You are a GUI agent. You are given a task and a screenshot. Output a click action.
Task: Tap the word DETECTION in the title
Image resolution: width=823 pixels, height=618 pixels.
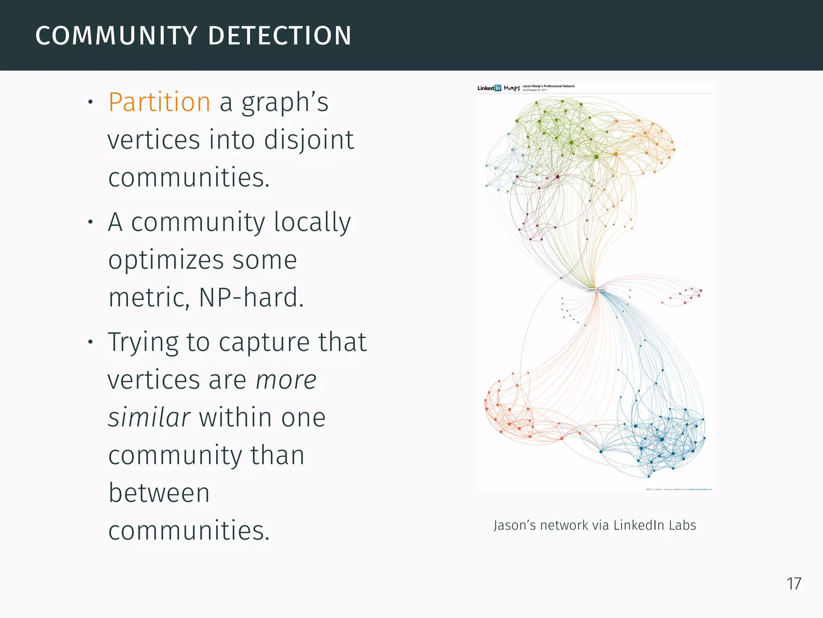coord(280,35)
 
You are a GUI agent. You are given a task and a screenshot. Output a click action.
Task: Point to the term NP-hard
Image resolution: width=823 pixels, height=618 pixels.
coord(251,297)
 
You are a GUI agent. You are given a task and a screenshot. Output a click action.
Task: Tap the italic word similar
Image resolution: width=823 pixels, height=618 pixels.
coord(149,417)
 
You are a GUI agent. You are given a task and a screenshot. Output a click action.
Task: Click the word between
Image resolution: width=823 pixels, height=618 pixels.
coord(159,492)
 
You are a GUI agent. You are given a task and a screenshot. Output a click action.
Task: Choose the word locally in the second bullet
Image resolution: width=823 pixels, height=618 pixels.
coord(312,222)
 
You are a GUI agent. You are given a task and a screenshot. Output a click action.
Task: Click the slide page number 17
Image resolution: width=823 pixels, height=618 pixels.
coord(794,584)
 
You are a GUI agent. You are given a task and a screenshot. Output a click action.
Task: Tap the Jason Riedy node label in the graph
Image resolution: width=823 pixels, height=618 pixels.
coord(596,290)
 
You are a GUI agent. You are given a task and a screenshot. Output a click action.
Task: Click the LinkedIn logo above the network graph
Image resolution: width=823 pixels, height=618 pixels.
coord(489,88)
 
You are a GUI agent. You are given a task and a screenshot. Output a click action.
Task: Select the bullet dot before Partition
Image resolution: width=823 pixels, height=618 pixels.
coord(91,102)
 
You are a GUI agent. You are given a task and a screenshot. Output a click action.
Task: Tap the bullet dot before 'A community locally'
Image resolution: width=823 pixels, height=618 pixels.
coord(91,222)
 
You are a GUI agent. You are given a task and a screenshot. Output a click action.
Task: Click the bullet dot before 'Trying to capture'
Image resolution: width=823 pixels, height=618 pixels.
coord(91,342)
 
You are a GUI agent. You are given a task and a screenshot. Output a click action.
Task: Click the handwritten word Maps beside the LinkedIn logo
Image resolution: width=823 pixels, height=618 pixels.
coord(512,88)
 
